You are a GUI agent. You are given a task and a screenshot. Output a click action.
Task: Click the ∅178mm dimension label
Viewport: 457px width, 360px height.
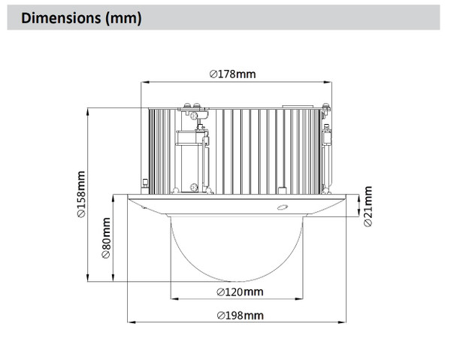pyautogui.click(x=233, y=74)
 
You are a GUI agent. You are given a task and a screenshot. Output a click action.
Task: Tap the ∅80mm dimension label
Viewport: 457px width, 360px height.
pyautogui.click(x=106, y=239)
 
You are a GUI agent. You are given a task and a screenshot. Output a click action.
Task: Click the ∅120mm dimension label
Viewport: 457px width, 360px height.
pyautogui.click(x=239, y=291)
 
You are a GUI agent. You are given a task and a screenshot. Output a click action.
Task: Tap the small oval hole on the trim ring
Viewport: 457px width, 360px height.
pyautogui.click(x=283, y=207)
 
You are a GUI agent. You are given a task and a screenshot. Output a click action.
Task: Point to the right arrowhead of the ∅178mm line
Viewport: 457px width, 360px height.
pyautogui.click(x=331, y=81)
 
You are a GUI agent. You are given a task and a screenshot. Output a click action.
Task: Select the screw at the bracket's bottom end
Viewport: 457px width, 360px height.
pyautogui.click(x=194, y=186)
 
